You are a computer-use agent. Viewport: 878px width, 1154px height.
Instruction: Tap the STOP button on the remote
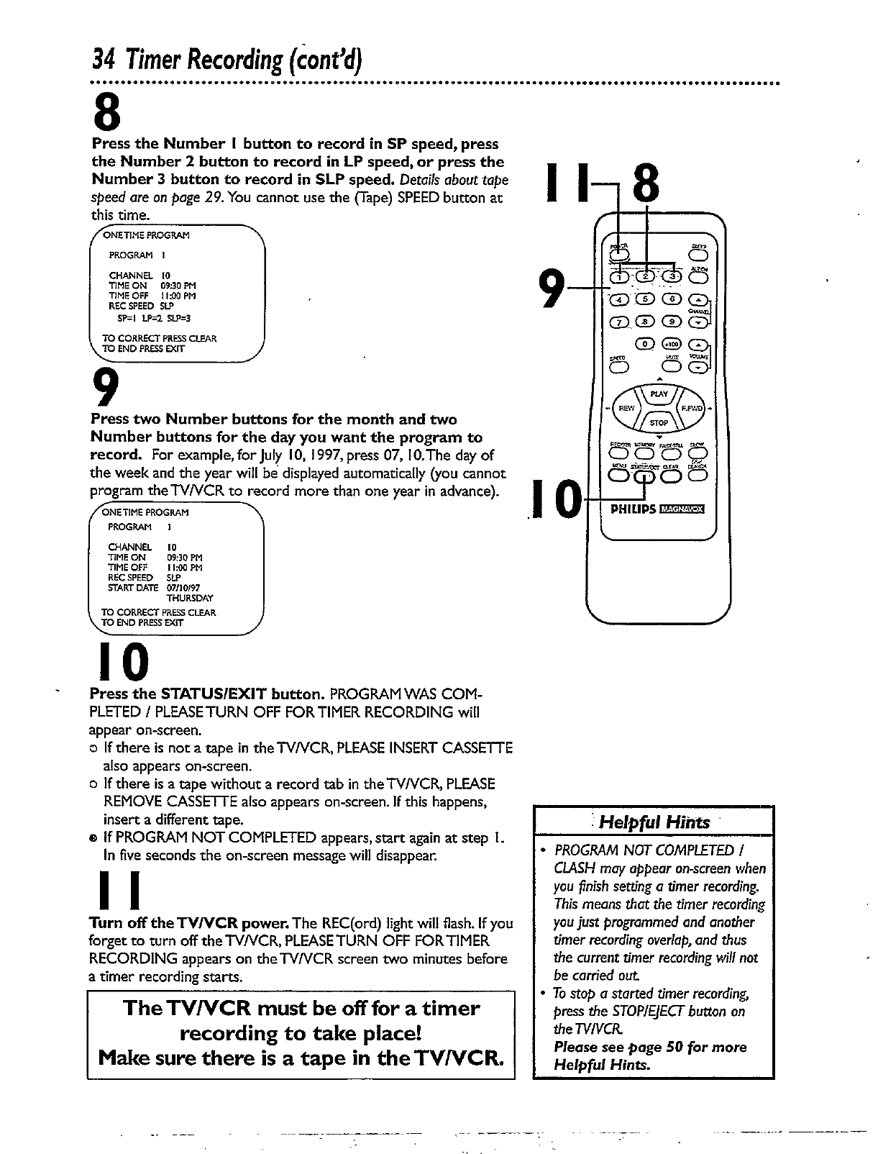(x=659, y=422)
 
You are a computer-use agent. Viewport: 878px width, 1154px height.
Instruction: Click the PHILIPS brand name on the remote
(x=633, y=510)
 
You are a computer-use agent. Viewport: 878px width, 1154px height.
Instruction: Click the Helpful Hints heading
(x=654, y=822)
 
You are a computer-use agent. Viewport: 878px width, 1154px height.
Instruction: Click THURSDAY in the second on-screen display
(x=190, y=598)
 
